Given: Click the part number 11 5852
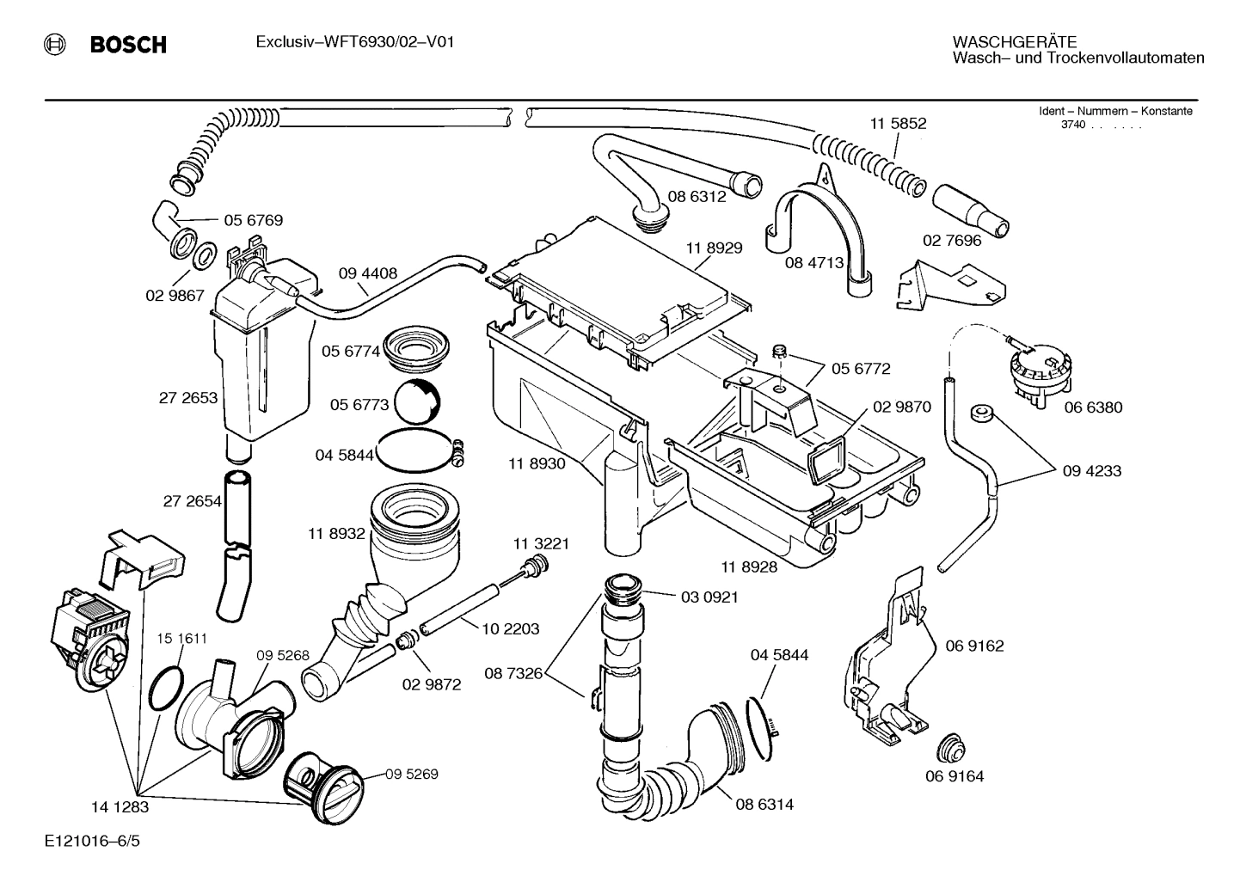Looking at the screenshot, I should pyautogui.click(x=898, y=123).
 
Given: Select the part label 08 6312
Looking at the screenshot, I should pyautogui.click(x=697, y=196).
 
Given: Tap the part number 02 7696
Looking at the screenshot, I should pyautogui.click(x=952, y=241).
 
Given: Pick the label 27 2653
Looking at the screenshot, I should pyautogui.click(x=188, y=398).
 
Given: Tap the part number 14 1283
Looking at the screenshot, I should pyautogui.click(x=120, y=807).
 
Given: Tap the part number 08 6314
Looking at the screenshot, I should pyautogui.click(x=764, y=805).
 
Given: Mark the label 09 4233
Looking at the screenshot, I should pyautogui.click(x=1091, y=471).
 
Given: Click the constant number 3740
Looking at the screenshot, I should pyautogui.click(x=1073, y=125).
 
